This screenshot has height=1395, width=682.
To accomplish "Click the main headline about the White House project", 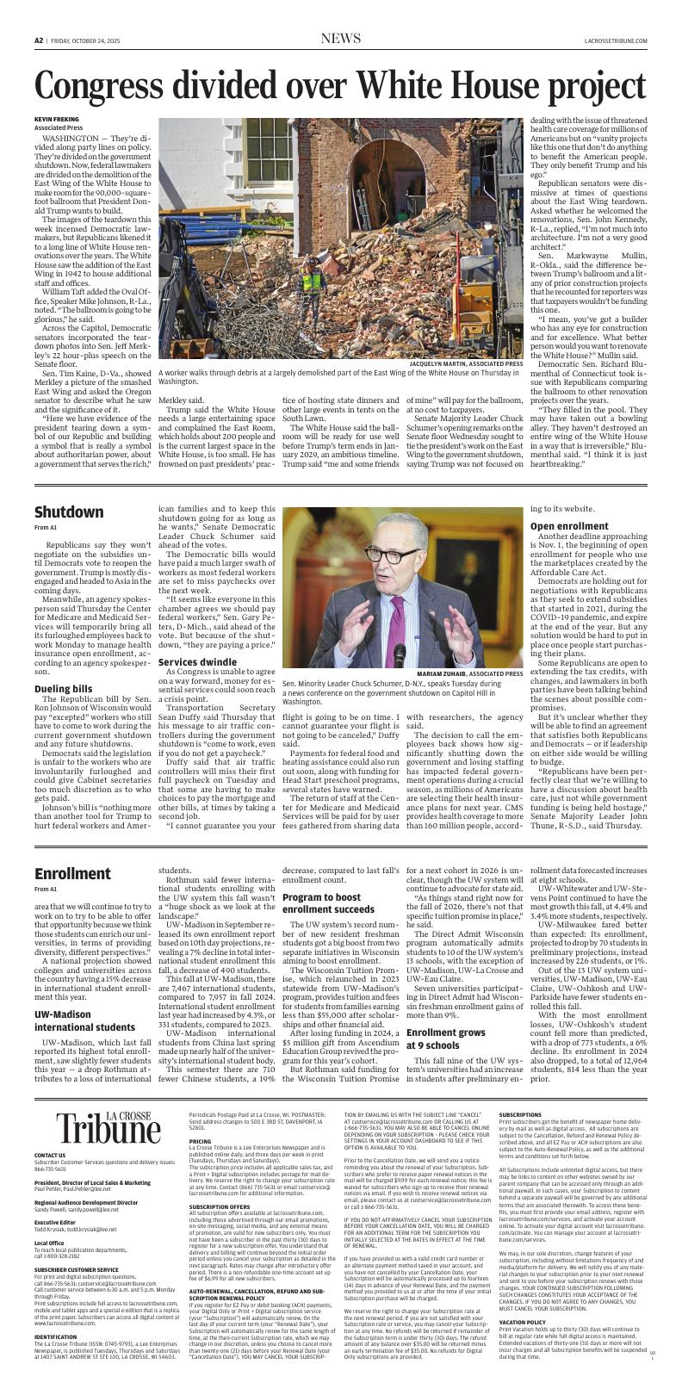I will tap(340, 86).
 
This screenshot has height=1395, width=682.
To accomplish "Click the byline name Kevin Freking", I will tap(56, 119).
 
